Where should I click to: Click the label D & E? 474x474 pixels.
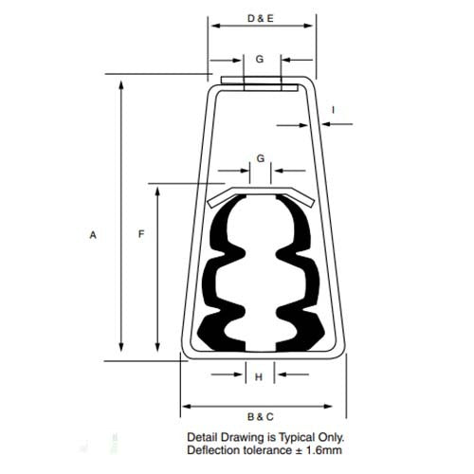pos(260,18)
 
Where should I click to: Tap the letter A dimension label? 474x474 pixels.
pos(93,235)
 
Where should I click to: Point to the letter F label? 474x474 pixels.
pos(140,234)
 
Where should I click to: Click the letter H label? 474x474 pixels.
pos(259,377)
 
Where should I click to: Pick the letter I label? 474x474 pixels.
pos(333,110)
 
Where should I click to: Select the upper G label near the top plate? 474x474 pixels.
pos(259,59)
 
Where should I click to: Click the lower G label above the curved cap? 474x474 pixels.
pos(260,158)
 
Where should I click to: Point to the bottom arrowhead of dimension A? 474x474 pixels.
pos(121,348)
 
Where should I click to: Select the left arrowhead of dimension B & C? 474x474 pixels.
pos(187,406)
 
